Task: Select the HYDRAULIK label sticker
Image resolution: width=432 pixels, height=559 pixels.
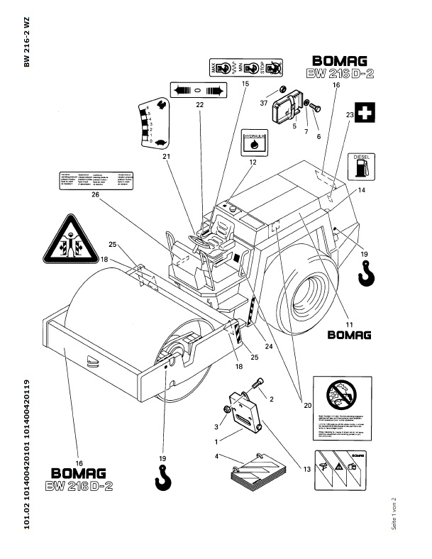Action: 253,142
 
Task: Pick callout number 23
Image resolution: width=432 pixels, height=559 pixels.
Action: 350,114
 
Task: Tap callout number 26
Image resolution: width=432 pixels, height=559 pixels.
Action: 96,198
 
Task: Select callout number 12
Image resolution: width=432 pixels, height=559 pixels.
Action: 252,162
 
